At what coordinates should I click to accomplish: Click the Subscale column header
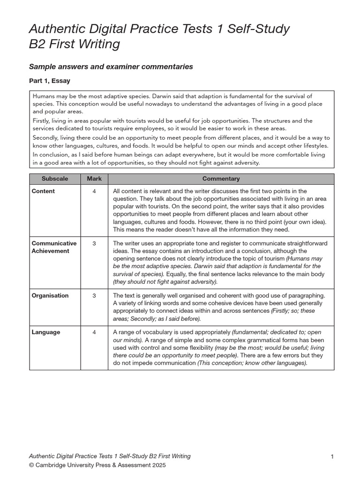coord(54,179)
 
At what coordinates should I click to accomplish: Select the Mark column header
coord(94,179)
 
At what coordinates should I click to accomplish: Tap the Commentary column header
coord(221,179)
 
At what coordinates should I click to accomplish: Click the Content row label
coord(43,191)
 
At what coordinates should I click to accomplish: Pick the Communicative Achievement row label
coord(54,247)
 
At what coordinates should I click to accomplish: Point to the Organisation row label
coord(50,296)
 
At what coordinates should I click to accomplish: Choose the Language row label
coord(46,332)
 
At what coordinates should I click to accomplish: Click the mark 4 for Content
coord(94,191)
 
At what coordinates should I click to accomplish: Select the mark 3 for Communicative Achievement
coord(94,244)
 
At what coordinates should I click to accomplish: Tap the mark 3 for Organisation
coord(94,296)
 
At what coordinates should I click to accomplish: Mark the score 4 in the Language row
coord(94,332)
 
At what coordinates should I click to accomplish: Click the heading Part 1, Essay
coord(50,81)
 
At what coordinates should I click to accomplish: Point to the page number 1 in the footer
coord(332,457)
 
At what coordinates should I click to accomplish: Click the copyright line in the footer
coord(97,465)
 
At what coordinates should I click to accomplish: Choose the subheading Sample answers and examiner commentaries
coord(111,67)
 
